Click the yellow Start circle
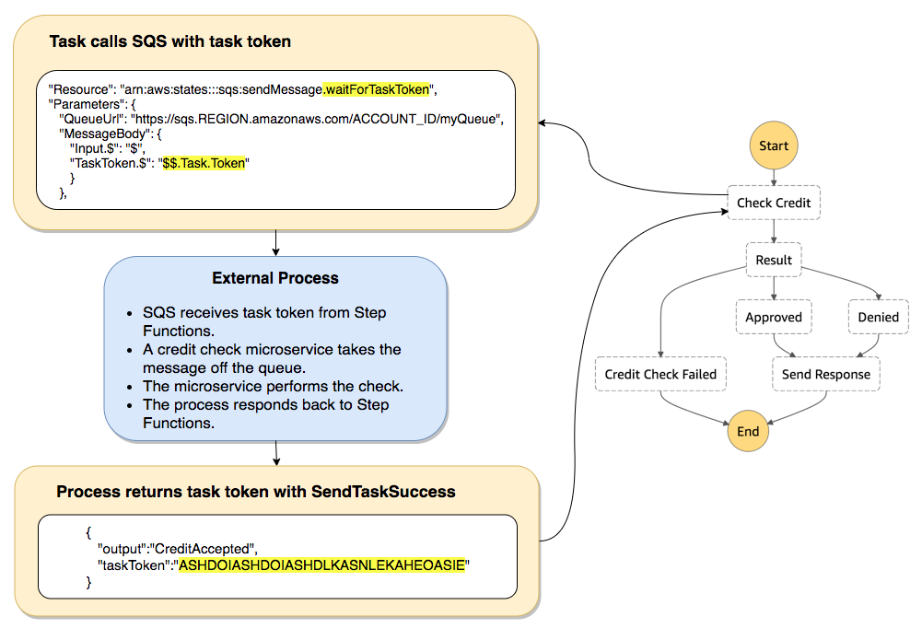pyautogui.click(x=774, y=146)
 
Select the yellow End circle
pyautogui.click(x=748, y=431)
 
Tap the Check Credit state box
pyautogui.click(x=774, y=204)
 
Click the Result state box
pyautogui.click(x=774, y=260)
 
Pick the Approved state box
pyautogui.click(x=774, y=318)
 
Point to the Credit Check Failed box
pyautogui.click(x=660, y=375)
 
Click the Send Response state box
pyautogui.click(x=825, y=375)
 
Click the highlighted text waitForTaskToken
pyautogui.click(x=377, y=89)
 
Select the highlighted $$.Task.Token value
pyautogui.click(x=206, y=163)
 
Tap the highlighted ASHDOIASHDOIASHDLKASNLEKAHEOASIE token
pyautogui.click(x=323, y=564)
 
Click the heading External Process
pyautogui.click(x=275, y=278)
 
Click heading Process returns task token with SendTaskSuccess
pyautogui.click(x=256, y=492)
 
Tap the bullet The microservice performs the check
pyautogui.click(x=273, y=387)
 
